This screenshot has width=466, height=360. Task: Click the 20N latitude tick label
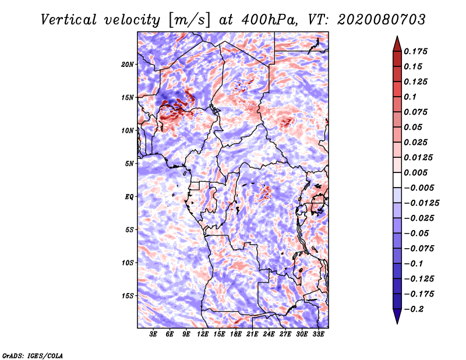click(128, 64)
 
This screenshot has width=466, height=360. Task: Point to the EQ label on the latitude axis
click(129, 197)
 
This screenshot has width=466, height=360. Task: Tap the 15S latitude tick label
click(128, 296)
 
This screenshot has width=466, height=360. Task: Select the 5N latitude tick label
click(129, 164)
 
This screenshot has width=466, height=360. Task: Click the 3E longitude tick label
click(153, 334)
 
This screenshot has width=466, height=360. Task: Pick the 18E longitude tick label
click(236, 334)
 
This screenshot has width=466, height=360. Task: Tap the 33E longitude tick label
click(318, 334)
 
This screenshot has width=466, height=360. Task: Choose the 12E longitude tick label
click(203, 334)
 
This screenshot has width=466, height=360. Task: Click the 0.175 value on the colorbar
click(415, 51)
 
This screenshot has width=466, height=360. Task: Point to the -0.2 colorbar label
click(414, 309)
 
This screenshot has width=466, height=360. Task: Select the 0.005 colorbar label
click(415, 172)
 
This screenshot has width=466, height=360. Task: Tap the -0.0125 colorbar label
click(421, 203)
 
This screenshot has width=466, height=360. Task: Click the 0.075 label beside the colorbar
click(415, 112)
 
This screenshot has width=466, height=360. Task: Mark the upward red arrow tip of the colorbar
click(397, 36)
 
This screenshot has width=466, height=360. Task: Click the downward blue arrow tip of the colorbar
click(397, 324)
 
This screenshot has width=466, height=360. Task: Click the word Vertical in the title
click(69, 20)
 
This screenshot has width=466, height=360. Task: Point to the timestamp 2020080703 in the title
click(382, 20)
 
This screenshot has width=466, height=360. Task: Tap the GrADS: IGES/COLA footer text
click(33, 356)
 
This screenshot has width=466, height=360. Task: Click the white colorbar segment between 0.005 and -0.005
click(397, 180)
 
